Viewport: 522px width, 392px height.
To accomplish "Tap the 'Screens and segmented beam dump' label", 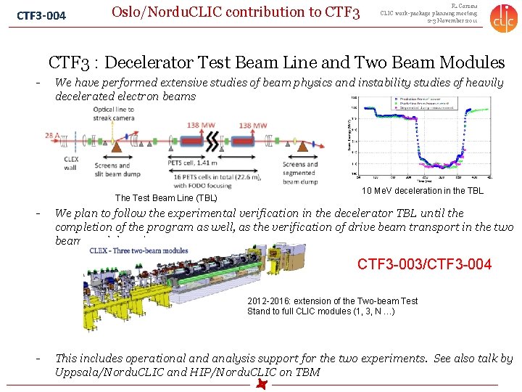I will tap(299, 173).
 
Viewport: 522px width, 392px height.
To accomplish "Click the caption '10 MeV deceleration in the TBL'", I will tap(423, 191).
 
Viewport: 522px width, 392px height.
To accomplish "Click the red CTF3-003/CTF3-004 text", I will tap(424, 264).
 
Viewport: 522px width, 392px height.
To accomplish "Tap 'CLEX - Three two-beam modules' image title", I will tap(138, 251).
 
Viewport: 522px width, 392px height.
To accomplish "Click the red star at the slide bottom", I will tap(261, 384).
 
